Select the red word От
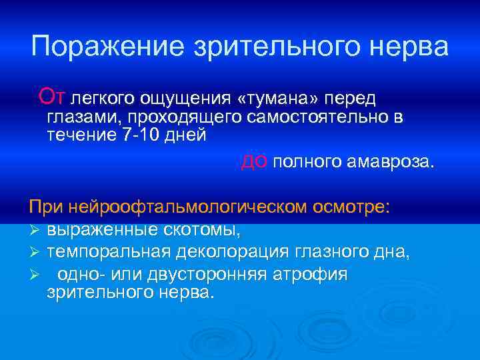[52, 97]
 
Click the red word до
[255, 161]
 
